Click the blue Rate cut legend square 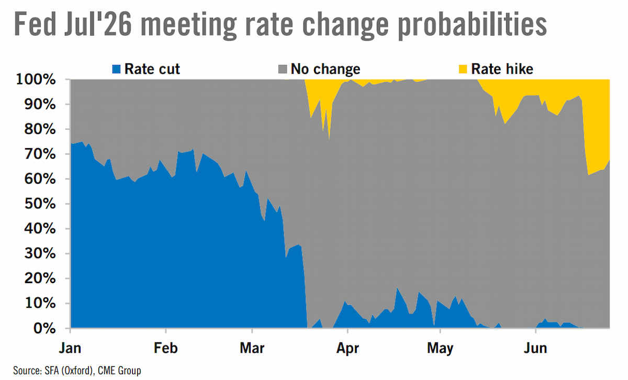point(116,69)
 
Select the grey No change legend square point(283,69)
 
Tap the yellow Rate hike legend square point(463,69)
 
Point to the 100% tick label point(36,80)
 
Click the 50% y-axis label point(40,204)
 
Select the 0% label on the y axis point(44,328)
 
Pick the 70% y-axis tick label point(40,154)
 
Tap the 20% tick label point(40,278)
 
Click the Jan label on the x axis point(70,348)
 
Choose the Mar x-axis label point(252,348)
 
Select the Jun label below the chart point(535,348)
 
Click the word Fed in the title point(35,25)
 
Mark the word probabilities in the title point(473,26)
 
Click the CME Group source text point(119,371)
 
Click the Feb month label point(166,348)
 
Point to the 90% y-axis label point(40,105)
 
